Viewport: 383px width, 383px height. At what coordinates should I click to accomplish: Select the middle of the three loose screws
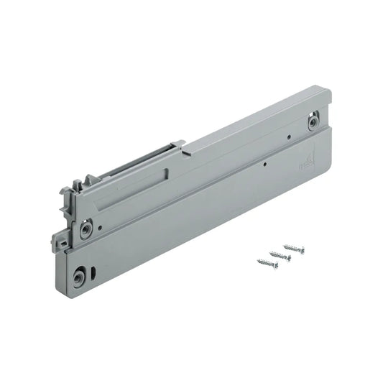click(280, 256)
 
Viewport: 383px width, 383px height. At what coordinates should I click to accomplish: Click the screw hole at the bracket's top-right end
click(313, 121)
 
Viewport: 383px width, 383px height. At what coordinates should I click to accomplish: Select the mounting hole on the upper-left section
click(86, 229)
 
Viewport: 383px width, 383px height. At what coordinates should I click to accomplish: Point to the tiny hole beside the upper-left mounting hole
click(100, 228)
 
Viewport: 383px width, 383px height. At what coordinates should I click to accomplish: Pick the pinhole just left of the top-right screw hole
click(287, 136)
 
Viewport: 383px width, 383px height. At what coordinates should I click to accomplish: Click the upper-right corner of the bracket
click(330, 89)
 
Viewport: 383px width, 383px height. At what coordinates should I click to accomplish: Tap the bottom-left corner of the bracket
click(69, 287)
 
